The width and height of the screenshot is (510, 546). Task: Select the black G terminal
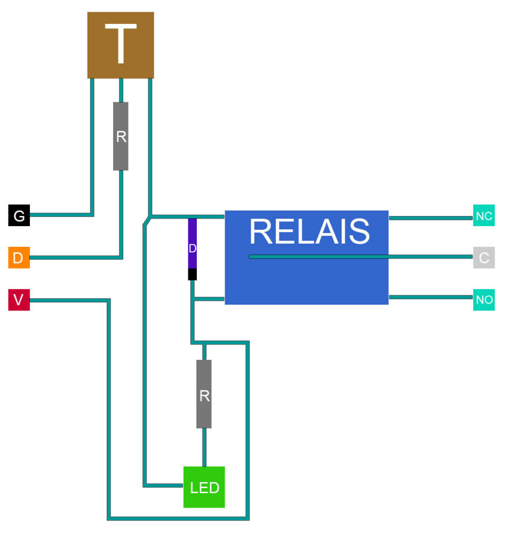(19, 215)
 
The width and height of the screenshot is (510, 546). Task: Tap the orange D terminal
(19, 258)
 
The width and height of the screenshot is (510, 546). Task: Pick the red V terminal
(19, 300)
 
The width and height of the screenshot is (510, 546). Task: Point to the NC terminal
(484, 216)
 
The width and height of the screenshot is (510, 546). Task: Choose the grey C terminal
(484, 258)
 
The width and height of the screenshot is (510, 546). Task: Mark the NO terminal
(484, 300)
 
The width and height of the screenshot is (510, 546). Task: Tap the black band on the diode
(193, 274)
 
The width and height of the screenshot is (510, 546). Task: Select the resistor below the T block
(121, 136)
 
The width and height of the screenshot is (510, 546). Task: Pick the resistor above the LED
(204, 394)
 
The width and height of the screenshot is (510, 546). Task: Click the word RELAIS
(309, 231)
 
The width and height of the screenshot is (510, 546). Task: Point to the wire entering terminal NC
(431, 218)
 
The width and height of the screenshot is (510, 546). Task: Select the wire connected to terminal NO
(431, 297)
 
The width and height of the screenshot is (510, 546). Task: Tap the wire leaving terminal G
(61, 214)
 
